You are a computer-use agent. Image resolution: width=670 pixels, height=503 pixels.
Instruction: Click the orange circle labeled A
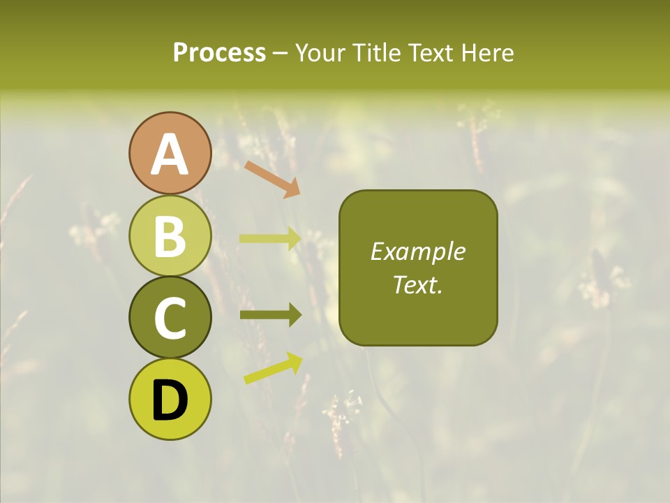(x=170, y=153)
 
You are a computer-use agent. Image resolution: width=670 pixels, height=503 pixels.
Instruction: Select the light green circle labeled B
(x=170, y=235)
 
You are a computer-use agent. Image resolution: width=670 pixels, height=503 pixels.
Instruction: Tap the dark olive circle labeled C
(x=170, y=317)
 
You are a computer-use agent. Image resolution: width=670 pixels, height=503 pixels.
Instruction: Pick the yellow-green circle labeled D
(x=170, y=400)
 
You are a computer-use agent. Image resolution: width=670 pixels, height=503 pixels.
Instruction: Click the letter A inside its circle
(x=170, y=154)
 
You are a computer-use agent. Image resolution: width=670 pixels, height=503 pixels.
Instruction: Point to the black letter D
(x=170, y=400)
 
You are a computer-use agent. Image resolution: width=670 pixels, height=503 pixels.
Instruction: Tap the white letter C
(x=170, y=319)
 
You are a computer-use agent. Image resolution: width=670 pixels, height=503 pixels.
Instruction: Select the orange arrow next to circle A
(x=272, y=179)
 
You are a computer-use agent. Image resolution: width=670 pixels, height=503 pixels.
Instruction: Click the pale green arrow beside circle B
(x=270, y=239)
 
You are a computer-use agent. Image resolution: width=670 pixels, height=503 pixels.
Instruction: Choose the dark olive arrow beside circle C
(x=270, y=315)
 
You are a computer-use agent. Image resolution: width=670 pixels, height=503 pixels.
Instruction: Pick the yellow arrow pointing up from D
(x=273, y=368)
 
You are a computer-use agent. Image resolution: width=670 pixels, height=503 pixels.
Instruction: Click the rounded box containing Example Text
(x=418, y=268)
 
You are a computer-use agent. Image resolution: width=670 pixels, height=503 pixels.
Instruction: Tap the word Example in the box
(x=418, y=251)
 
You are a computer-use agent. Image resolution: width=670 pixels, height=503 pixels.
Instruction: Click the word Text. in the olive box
(x=418, y=285)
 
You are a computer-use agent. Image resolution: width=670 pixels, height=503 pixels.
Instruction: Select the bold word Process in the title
(x=219, y=53)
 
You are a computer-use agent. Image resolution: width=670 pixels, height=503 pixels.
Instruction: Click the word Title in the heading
(x=380, y=53)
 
